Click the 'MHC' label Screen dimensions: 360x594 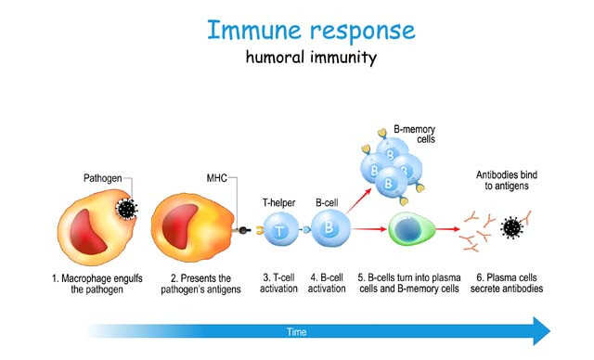216,176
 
